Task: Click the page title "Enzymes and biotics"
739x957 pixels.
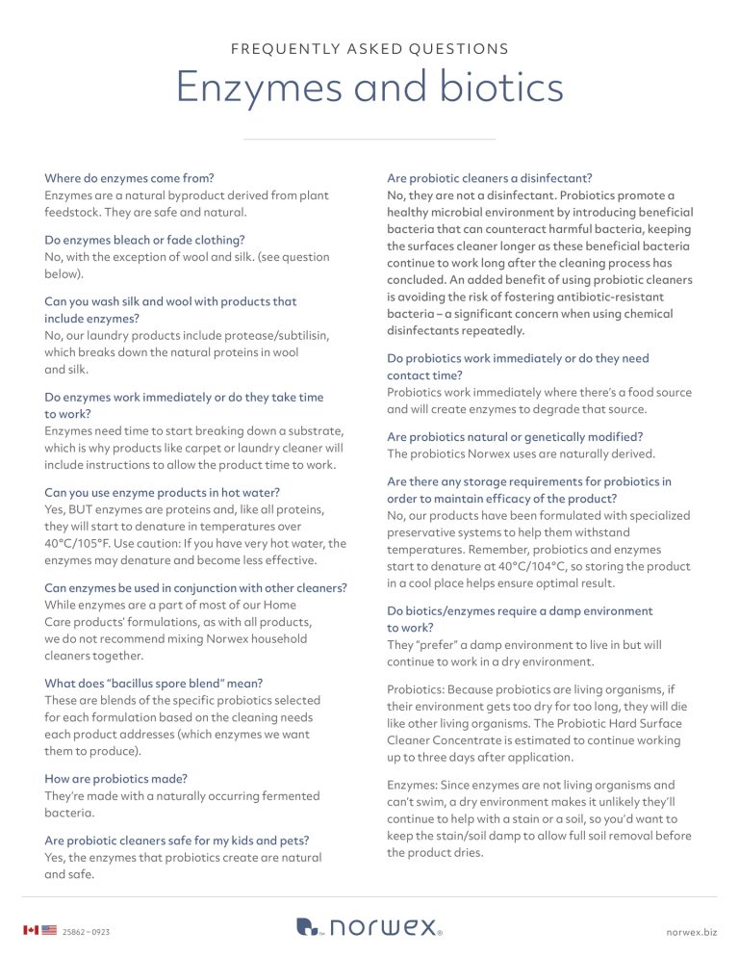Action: click(369, 88)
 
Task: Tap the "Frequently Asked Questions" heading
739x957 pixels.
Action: click(369, 49)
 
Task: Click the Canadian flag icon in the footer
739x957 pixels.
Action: click(30, 931)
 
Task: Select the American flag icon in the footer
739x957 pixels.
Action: click(49, 931)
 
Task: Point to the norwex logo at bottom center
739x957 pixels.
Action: click(369, 927)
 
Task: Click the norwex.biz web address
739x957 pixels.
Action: click(691, 932)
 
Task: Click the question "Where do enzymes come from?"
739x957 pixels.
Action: click(129, 178)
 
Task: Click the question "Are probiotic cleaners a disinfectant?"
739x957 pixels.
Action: click(489, 178)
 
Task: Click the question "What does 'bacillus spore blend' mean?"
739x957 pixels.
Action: click(154, 683)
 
